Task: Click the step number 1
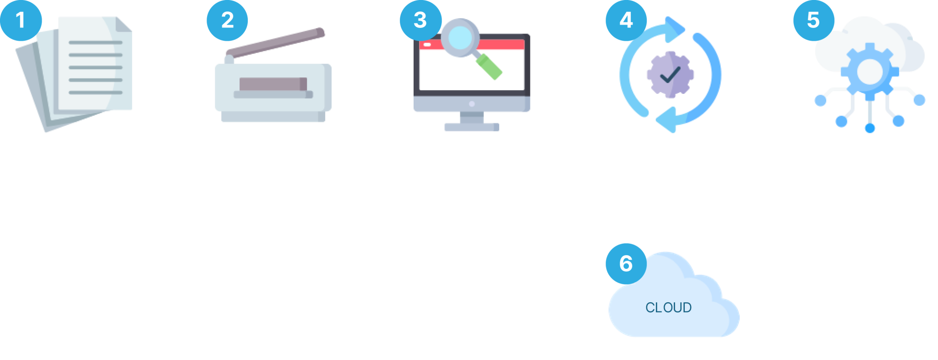(x=20, y=20)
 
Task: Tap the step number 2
(x=228, y=20)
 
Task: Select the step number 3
(x=420, y=20)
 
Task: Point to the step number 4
(x=626, y=20)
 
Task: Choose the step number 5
(x=813, y=20)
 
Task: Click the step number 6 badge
(x=626, y=264)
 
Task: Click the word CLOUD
(x=668, y=307)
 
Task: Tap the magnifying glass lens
(x=459, y=38)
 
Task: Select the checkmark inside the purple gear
(x=670, y=74)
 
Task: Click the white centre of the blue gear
(x=869, y=71)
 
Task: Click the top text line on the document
(x=95, y=43)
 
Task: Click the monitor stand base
(x=469, y=126)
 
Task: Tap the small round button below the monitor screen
(x=472, y=104)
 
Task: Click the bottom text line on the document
(x=95, y=93)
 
